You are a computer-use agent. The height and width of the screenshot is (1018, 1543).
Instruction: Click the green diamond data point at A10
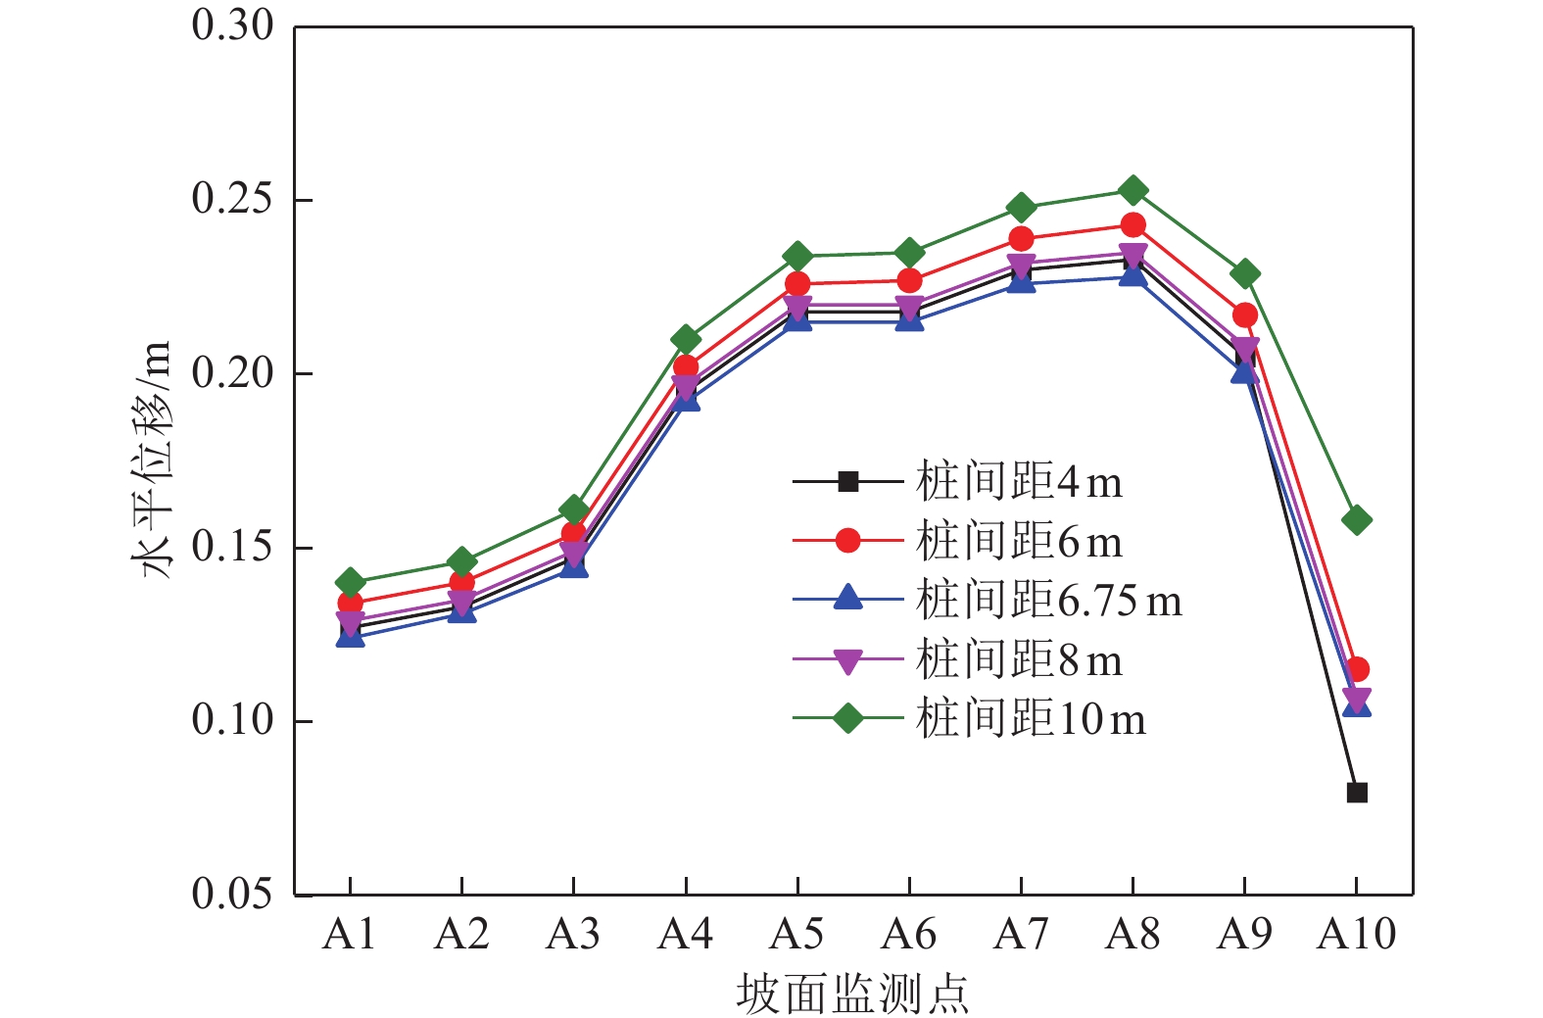coord(1357,520)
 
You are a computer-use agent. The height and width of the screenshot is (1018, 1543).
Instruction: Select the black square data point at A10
coord(1357,793)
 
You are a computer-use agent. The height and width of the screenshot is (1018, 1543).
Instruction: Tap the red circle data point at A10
coord(1357,670)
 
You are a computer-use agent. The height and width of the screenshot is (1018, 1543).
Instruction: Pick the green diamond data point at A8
coord(1133,190)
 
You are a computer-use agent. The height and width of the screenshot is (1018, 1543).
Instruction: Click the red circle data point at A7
coord(1021,239)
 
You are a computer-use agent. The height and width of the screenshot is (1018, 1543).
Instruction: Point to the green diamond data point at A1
coord(350,582)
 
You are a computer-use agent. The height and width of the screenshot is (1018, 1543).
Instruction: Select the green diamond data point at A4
coord(686,340)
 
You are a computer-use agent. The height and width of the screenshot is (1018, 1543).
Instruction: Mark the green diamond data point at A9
coord(1245,273)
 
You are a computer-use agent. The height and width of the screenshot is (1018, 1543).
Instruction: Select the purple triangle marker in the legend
coord(848,661)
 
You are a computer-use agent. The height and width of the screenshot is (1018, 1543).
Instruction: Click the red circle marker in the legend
coord(848,541)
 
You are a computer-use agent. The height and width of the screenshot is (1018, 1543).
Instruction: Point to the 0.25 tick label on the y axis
coord(232,199)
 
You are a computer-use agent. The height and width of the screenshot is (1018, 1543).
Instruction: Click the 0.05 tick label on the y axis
coord(232,894)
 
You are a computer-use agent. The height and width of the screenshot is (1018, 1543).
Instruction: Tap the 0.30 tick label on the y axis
coord(232,25)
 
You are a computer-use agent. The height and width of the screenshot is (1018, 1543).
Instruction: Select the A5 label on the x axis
coord(797,935)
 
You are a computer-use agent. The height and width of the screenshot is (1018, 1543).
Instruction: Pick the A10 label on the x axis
coord(1357,935)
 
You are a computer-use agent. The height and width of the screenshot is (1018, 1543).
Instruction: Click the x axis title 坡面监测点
coord(852,994)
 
